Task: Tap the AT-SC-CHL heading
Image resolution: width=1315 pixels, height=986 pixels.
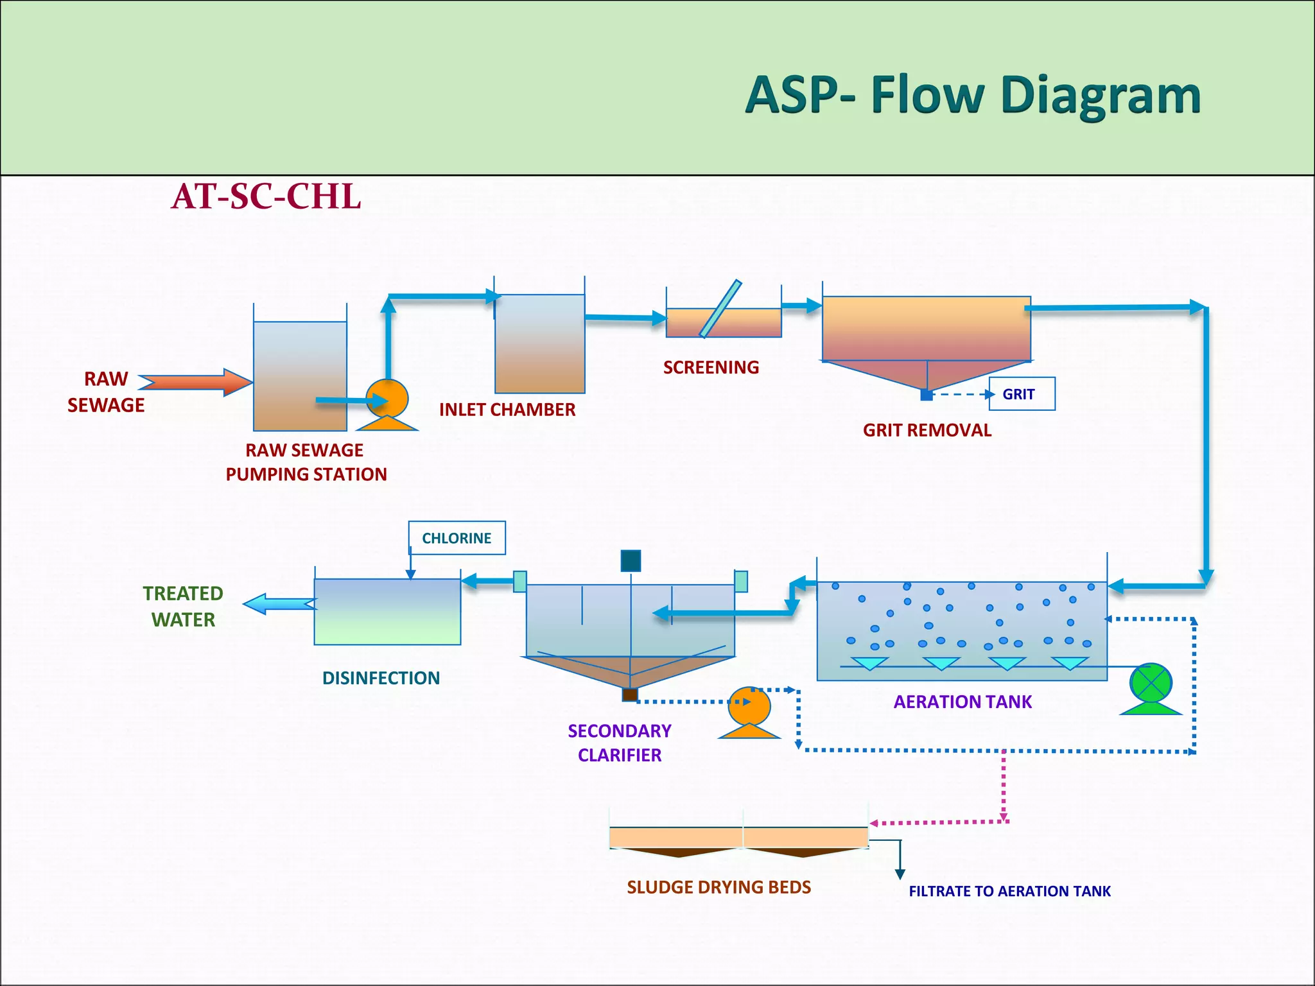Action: pyautogui.click(x=266, y=196)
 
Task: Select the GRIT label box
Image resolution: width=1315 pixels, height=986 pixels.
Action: pyautogui.click(x=1021, y=394)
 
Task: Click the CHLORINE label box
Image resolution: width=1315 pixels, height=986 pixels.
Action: pyautogui.click(x=457, y=538)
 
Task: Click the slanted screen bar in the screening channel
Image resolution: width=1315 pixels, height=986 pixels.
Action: pyautogui.click(x=720, y=309)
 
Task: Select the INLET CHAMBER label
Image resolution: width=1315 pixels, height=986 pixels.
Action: pyautogui.click(x=507, y=410)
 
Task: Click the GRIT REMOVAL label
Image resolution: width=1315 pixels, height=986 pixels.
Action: pyautogui.click(x=927, y=430)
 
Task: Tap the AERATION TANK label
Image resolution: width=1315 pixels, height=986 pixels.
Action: pyautogui.click(x=962, y=702)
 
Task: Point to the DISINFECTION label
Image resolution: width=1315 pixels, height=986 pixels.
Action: pyautogui.click(x=381, y=678)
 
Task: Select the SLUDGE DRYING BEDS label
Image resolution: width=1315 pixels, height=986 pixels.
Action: pyautogui.click(x=718, y=887)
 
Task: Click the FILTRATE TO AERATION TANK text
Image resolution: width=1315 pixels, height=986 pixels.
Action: pyautogui.click(x=1009, y=891)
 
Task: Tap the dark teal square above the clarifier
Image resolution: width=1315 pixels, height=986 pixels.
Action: pyautogui.click(x=631, y=560)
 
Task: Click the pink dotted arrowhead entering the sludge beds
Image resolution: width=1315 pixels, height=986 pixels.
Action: pyautogui.click(x=875, y=824)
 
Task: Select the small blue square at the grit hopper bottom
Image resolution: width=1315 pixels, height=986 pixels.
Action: pyautogui.click(x=927, y=395)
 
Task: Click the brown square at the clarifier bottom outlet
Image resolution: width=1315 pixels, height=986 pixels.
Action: pyautogui.click(x=630, y=695)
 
